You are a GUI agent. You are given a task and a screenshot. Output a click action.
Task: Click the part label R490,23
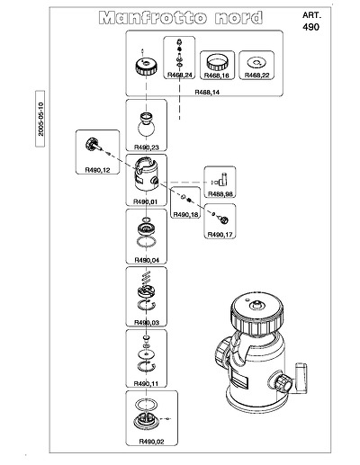147,148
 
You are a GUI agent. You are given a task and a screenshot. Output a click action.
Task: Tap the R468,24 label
179,75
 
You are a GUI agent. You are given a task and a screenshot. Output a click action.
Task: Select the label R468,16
216,76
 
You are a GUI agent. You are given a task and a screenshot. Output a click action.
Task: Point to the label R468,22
256,75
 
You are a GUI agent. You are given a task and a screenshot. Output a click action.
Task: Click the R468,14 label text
207,92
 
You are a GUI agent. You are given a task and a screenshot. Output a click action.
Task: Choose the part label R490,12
97,170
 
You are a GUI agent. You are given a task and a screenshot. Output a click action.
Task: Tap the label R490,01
145,201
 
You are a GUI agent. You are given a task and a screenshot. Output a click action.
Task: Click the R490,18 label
185,215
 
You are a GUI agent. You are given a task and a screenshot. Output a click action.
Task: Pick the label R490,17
220,235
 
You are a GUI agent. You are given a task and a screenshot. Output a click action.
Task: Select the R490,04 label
147,260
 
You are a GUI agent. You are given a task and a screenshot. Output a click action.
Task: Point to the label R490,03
147,323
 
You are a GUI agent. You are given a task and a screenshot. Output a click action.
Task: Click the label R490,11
146,383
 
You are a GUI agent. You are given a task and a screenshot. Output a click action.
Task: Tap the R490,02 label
151,442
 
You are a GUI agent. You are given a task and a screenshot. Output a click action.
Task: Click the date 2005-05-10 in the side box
40,119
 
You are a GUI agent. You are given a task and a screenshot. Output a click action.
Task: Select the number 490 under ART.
310,27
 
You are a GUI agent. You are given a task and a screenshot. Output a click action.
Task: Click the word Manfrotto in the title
153,18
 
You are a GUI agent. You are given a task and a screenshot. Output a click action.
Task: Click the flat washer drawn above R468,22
256,63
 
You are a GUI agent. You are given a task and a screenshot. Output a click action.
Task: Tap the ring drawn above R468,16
216,63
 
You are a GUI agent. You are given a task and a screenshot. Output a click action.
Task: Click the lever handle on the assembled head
301,378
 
